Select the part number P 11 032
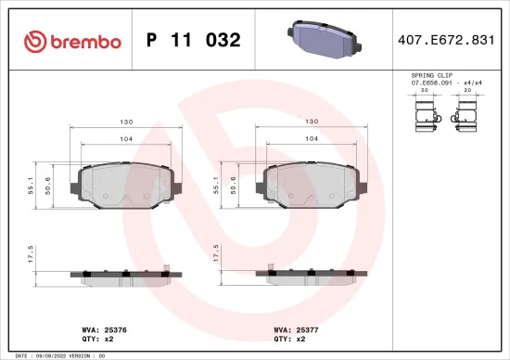[194, 40]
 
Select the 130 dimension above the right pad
[312, 122]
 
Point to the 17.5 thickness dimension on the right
[216, 254]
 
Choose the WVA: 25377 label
[291, 328]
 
